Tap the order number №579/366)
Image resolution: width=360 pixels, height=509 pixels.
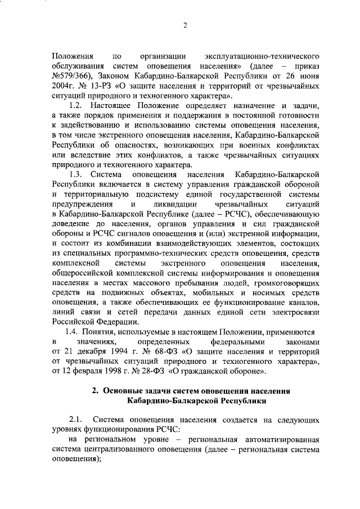pos(70,76)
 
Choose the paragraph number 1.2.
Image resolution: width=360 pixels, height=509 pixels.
pos(75,107)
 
